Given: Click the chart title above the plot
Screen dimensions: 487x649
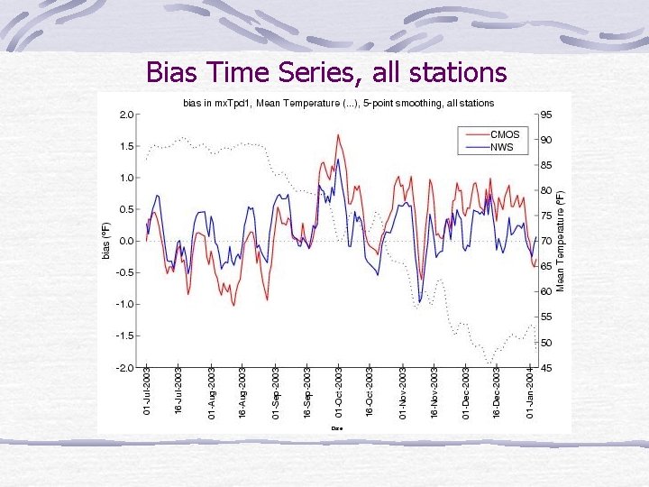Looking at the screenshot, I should [338, 103].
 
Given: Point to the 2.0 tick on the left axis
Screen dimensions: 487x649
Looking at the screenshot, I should [126, 115].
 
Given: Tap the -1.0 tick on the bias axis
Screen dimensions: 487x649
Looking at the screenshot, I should [124, 304].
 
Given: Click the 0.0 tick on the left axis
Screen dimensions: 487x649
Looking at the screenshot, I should [126, 241].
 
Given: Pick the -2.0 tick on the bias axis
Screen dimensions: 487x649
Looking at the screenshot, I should [124, 367].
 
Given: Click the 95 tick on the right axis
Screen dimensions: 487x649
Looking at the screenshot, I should [546, 115].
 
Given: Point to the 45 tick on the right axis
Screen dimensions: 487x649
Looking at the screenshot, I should [546, 367].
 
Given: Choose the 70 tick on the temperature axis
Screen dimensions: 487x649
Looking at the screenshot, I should [546, 241].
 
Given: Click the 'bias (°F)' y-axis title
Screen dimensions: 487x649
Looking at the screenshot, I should [105, 241].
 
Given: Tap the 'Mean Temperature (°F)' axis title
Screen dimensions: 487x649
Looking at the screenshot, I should [561, 241].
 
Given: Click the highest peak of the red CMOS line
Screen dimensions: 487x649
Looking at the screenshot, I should [338, 135].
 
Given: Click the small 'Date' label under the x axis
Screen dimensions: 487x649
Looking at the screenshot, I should [337, 427].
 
